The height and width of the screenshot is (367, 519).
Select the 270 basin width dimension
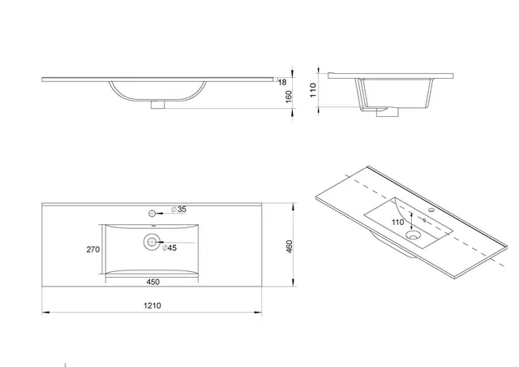coord(92,250)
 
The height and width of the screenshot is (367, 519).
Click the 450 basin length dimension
coord(152,283)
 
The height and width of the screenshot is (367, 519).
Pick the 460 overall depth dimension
coord(289,246)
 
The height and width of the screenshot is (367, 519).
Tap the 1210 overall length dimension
coord(153,305)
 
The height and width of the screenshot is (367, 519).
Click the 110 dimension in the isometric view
coord(397,222)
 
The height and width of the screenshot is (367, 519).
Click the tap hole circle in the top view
coord(152,213)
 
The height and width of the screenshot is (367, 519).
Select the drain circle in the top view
coord(152,241)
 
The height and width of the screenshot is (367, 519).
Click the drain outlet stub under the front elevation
coord(160,104)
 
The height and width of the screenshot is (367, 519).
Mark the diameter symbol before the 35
coord(174,210)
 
